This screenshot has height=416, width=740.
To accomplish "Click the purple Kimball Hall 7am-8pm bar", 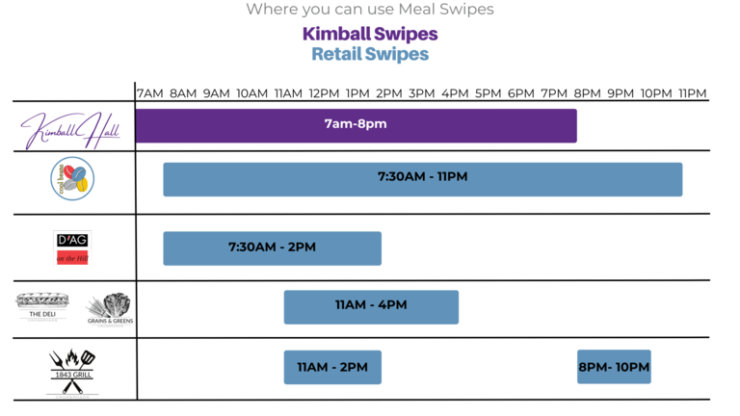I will tap(356, 125).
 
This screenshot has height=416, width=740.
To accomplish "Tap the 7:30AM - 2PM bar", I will tap(272, 248).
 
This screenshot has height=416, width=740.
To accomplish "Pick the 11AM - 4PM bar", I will tap(371, 306).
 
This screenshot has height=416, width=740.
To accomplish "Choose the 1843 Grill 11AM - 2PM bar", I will tap(332, 367).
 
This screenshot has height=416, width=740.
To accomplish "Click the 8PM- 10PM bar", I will tap(614, 367).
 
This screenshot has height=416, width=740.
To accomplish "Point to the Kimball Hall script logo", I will tap(71, 129).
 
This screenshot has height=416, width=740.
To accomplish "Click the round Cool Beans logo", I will tap(72, 179).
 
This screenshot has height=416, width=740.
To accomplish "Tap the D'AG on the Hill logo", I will tap(72, 247).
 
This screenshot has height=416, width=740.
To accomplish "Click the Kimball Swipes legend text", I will tap(370, 34).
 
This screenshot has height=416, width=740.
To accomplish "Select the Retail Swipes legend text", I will tap(370, 54).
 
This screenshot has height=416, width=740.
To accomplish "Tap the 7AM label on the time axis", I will tap(149, 93).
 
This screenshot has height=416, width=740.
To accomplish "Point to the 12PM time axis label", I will tap(324, 93).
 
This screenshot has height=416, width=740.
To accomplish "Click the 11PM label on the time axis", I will tap(692, 93).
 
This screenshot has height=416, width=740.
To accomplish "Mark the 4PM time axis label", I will tap(455, 93).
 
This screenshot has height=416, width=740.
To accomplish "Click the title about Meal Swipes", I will tap(370, 10).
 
